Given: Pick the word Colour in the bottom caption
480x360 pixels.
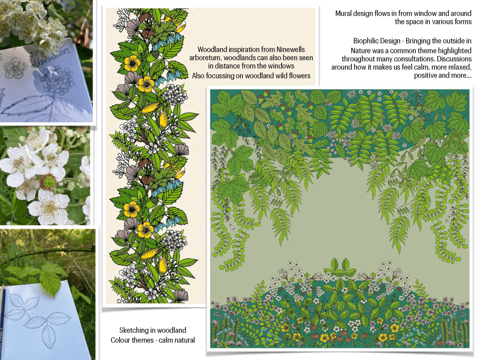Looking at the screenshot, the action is click(x=121, y=340).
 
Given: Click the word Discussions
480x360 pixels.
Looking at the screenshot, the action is click(x=454, y=59).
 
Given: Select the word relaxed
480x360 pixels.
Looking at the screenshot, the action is click(x=459, y=67).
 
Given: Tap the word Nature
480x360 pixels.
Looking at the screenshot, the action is click(x=360, y=50).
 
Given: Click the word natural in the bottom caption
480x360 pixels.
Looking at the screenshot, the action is click(x=185, y=340).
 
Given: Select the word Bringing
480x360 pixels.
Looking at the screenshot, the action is click(x=419, y=41).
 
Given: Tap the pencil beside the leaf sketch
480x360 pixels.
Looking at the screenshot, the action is click(x=3, y=322).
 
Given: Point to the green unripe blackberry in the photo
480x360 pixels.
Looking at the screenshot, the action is click(x=48, y=182).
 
